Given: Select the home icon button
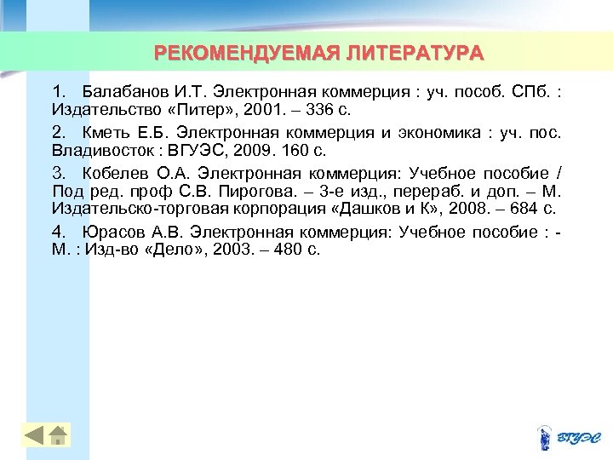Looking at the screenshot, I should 58,434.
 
